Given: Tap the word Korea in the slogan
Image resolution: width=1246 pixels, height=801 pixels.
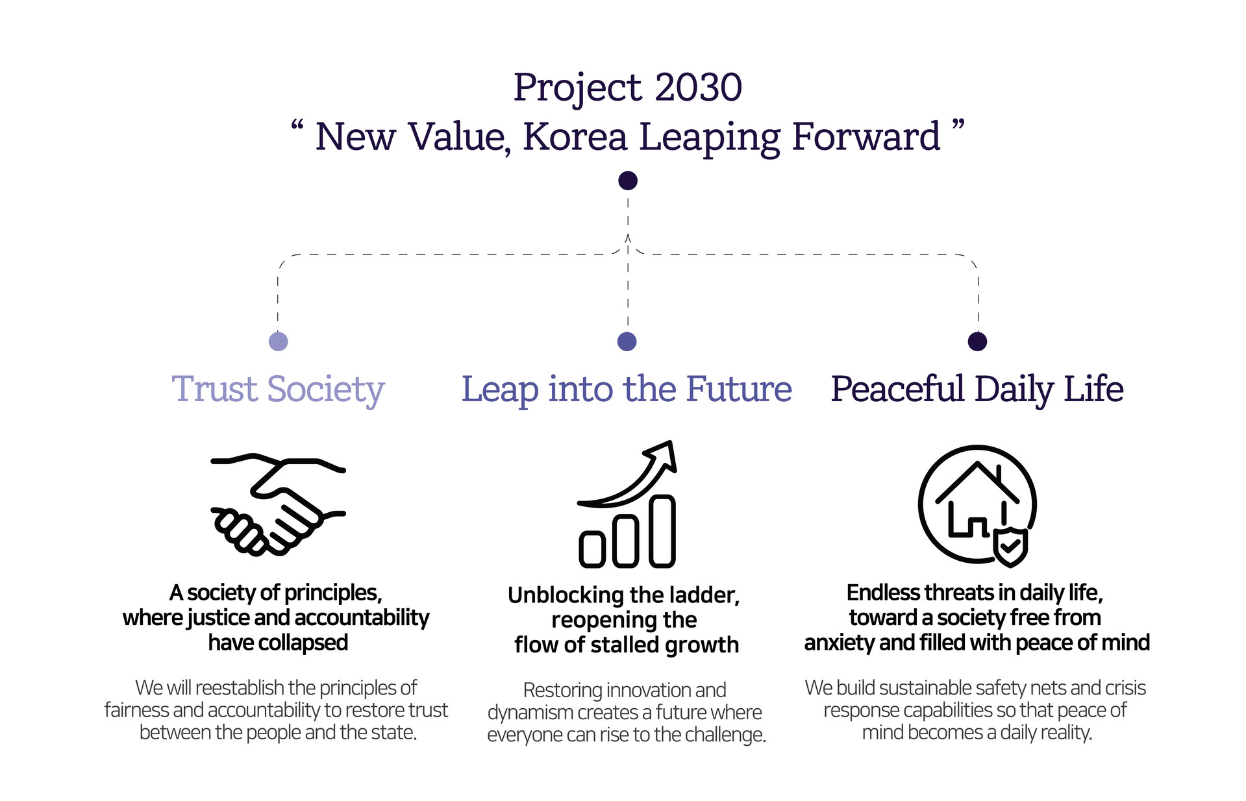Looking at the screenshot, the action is pyautogui.click(x=575, y=137).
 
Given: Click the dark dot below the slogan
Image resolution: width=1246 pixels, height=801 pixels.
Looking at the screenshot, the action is pyautogui.click(x=628, y=180).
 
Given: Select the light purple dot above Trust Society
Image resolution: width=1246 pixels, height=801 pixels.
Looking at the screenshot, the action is pyautogui.click(x=278, y=341).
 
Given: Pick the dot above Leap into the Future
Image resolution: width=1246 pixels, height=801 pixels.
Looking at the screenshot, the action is pyautogui.click(x=627, y=341).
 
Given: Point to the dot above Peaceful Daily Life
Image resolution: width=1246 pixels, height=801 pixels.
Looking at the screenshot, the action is pyautogui.click(x=977, y=341).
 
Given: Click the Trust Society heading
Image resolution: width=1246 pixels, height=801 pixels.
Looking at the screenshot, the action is pyautogui.click(x=278, y=389).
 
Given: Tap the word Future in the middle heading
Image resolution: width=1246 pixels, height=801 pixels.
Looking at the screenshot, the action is pyautogui.click(x=738, y=389).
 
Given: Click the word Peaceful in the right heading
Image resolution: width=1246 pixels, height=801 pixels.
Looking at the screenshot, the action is pyautogui.click(x=897, y=389).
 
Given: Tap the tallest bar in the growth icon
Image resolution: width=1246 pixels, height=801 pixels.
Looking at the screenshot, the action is pyautogui.click(x=662, y=531).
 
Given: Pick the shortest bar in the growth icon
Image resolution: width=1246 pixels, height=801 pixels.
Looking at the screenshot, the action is pyautogui.click(x=592, y=548).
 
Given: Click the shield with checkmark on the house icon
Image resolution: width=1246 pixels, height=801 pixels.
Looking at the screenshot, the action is pyautogui.click(x=1011, y=547).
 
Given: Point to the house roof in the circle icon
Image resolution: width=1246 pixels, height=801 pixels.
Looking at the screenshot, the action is pyautogui.click(x=977, y=477).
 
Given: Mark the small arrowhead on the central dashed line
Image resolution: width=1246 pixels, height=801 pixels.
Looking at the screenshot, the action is pyautogui.click(x=628, y=238).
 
